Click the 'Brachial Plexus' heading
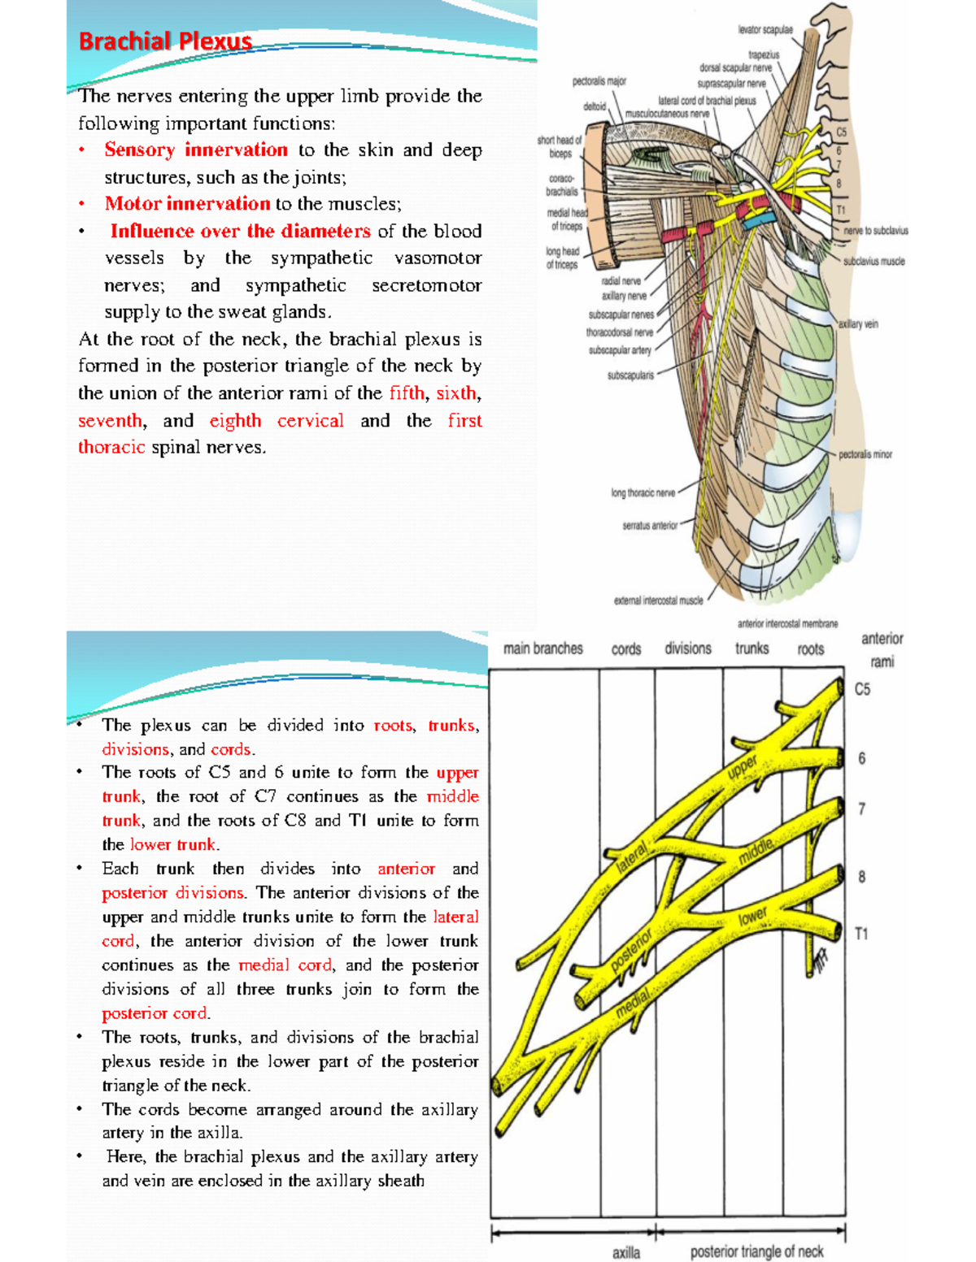click(165, 41)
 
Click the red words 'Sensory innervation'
click(195, 150)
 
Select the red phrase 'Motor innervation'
click(187, 204)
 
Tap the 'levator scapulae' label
click(765, 30)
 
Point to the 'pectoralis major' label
click(599, 81)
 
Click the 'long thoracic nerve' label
click(643, 492)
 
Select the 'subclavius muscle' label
click(874, 262)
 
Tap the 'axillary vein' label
click(858, 324)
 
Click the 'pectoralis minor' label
click(865, 454)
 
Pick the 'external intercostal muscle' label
click(658, 601)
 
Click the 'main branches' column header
click(542, 648)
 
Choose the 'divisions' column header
click(687, 648)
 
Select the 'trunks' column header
click(752, 648)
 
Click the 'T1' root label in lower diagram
click(861, 934)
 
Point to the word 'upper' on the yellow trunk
click(742, 766)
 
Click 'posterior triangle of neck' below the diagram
click(756, 1251)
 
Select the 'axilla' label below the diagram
click(625, 1252)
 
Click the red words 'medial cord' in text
click(285, 965)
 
